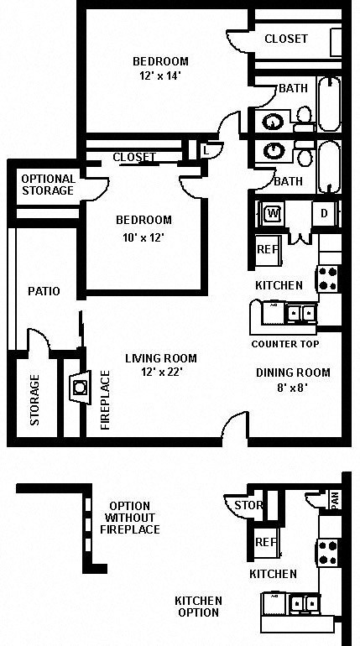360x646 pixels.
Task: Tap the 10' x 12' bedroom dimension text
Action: coord(143,237)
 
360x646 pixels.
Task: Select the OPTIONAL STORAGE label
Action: coord(48,185)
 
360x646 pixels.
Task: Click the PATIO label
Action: coord(43,291)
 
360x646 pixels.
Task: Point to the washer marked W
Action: coord(272,213)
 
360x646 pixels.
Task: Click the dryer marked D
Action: coord(324,213)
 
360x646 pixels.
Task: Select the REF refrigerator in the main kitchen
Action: coord(267,249)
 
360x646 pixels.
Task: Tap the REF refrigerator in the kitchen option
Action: coord(266,542)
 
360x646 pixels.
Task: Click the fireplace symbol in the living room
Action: coord(80,388)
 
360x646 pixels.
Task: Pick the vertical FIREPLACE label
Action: coord(106,400)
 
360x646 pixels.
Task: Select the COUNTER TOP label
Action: coord(284,344)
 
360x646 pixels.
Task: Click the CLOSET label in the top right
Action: coord(285,39)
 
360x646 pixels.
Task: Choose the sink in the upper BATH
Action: coord(274,122)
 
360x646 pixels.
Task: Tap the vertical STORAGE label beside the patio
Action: coord(35,400)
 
